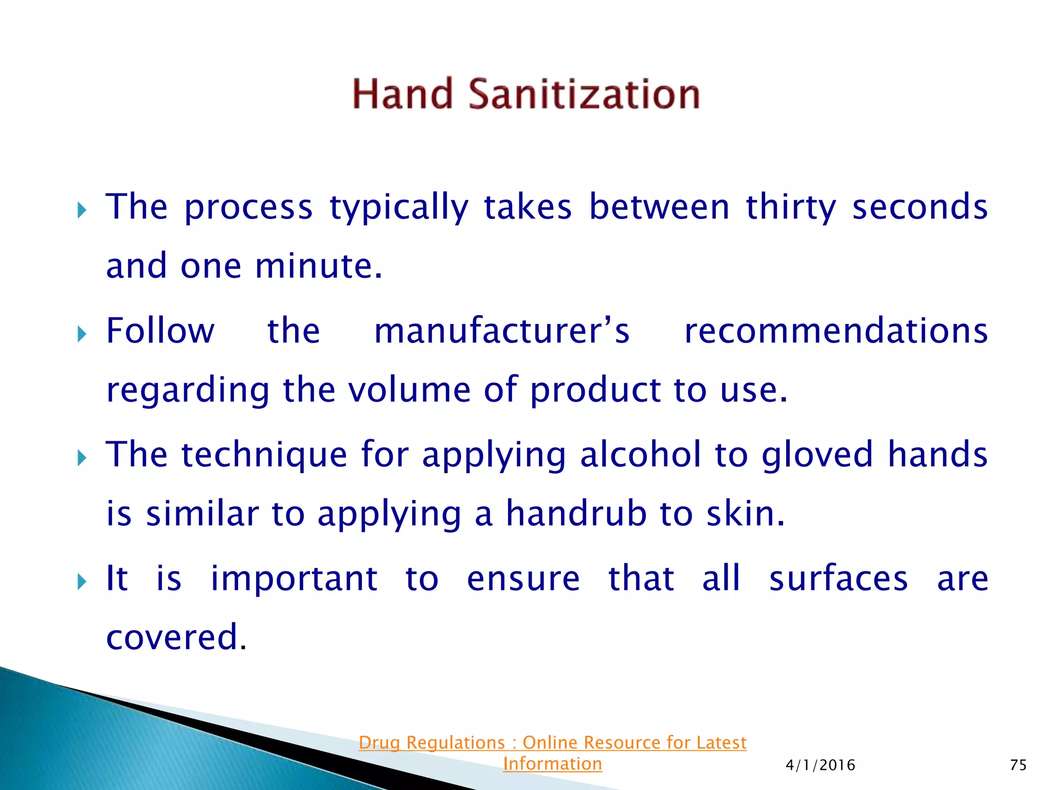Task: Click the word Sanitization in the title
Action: coord(584,94)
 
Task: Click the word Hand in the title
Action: coord(403,94)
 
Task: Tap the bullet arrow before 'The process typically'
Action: coord(82,210)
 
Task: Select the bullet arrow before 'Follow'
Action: coord(82,334)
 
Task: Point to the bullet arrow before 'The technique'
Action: coord(82,458)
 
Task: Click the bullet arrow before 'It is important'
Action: coord(82,582)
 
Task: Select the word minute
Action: coord(319,266)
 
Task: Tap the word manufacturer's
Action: coord(502,331)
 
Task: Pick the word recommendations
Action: coord(836,331)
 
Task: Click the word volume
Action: coord(409,389)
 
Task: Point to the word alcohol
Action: coord(640,455)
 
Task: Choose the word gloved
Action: coord(817,455)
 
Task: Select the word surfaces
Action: coord(839,579)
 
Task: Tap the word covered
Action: coord(172,637)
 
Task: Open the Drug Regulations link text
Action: coord(552,743)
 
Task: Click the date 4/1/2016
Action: coord(821,765)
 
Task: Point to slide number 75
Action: coord(1018,765)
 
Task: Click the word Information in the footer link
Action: coord(552,764)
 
